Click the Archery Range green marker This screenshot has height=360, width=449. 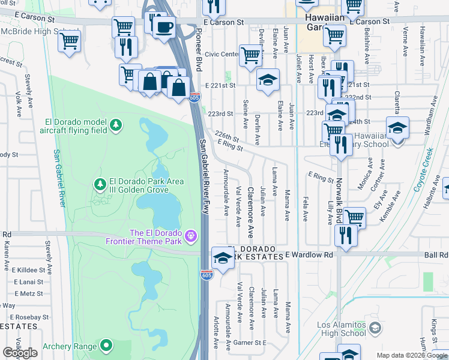tap(106, 345)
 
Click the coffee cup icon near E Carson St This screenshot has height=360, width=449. tap(163, 26)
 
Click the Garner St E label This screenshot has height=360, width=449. tap(250, 343)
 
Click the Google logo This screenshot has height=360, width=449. tap(20, 352)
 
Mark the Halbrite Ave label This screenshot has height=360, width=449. tap(431, 196)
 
